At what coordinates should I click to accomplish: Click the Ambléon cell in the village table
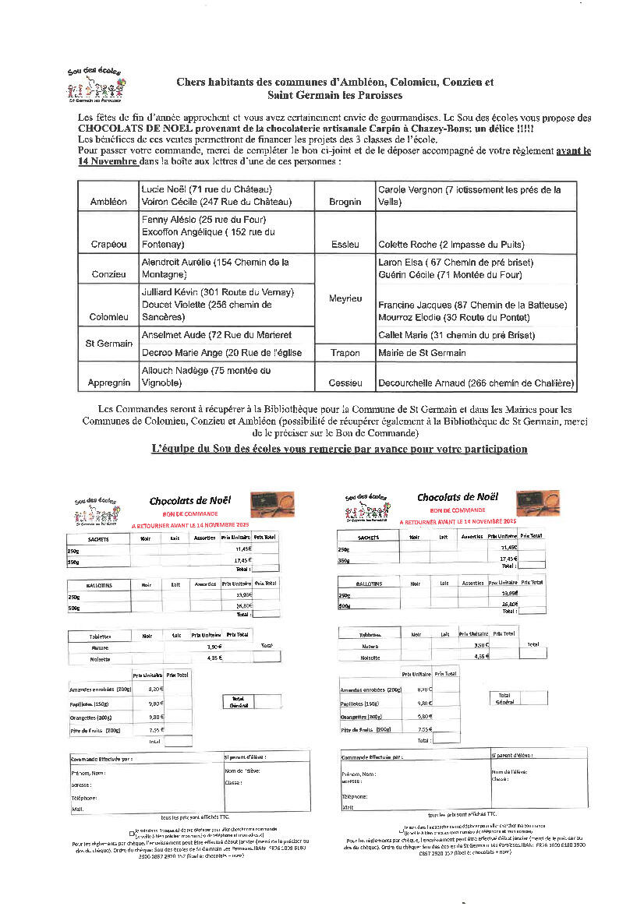point(108,202)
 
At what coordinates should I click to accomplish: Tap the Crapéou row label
point(108,244)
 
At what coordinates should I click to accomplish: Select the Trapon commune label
point(345,353)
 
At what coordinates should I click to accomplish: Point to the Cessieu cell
point(345,383)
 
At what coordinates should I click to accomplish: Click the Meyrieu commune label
point(345,298)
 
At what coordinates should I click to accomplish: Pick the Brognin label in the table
point(345,202)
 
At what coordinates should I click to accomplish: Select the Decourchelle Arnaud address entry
point(476,383)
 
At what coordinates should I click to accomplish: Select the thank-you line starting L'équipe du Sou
point(339,449)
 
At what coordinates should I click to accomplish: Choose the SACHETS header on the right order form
point(368,537)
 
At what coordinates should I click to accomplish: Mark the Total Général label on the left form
point(238,701)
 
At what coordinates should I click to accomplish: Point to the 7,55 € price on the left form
point(156,729)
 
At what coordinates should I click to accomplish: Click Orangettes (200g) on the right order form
point(362,715)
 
